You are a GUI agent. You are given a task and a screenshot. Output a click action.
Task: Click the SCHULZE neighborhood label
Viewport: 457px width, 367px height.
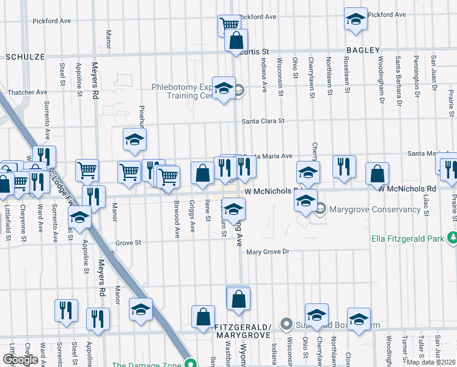[25, 56]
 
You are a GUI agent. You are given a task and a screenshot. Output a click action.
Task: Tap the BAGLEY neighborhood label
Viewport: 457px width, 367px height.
[363, 50]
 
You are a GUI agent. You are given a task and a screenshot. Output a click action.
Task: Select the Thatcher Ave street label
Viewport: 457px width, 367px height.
[28, 92]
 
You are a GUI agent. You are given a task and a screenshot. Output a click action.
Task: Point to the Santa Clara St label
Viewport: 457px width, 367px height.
[263, 121]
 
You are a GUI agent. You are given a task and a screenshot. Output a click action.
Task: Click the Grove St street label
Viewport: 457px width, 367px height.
[128, 243]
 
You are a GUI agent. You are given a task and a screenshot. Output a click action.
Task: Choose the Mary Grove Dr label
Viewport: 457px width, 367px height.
[267, 251]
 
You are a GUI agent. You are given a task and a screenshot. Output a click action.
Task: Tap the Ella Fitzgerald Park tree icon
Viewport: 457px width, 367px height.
[452, 237]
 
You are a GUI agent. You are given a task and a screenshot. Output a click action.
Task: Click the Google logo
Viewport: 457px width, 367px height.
[20, 360]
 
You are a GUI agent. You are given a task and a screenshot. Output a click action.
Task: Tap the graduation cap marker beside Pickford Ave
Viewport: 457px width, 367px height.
[355, 19]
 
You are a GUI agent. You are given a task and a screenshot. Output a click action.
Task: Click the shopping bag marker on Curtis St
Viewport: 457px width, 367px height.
[236, 41]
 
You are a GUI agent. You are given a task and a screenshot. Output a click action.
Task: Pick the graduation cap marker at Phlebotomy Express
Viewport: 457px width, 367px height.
[224, 88]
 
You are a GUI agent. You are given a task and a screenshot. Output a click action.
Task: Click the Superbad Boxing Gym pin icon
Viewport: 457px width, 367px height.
[285, 323]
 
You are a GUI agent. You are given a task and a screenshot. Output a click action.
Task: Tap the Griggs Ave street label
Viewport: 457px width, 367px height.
[192, 215]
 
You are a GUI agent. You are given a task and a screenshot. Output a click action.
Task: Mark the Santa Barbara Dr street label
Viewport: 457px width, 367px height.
[398, 73]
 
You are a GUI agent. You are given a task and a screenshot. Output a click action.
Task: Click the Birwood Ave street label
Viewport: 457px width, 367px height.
[177, 218]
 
